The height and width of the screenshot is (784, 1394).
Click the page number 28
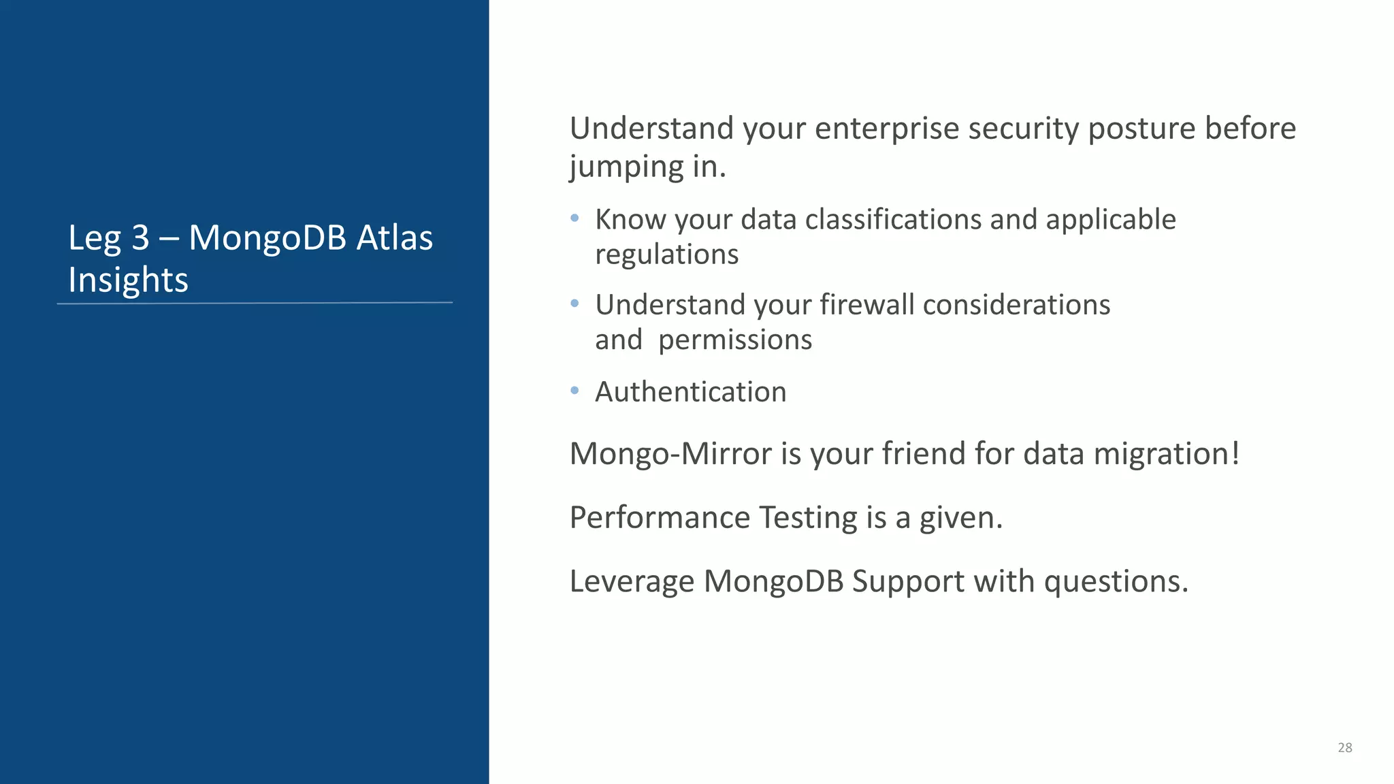(1344, 747)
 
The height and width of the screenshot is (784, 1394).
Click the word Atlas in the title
(395, 238)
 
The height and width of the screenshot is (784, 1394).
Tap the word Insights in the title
(128, 280)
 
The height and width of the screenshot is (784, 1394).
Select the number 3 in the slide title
(140, 238)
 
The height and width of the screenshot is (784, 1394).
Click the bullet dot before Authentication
(574, 391)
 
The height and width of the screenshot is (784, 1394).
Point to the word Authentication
(690, 392)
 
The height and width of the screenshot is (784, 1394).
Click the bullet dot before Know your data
(574, 218)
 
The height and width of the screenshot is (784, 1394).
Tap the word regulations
(666, 255)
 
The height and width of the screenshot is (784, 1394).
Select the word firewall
(866, 304)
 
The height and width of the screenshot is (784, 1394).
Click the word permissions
(735, 340)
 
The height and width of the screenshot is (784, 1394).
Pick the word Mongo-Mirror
(670, 454)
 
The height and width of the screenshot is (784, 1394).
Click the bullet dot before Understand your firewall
(574, 304)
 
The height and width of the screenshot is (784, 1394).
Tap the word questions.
(1116, 582)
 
